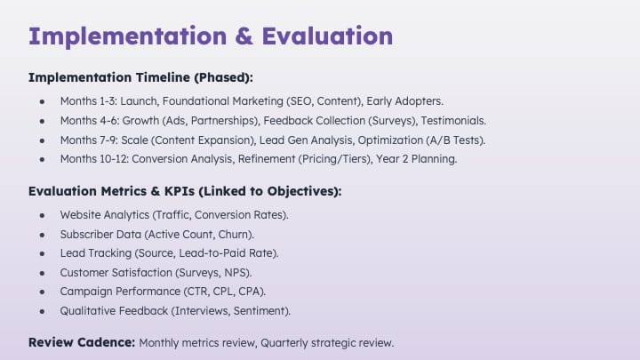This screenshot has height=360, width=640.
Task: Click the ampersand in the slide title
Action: (x=244, y=36)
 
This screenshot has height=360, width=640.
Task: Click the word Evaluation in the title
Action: (x=327, y=36)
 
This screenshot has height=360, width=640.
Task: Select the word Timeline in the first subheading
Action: (x=163, y=77)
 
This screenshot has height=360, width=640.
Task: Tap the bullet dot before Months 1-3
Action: (x=42, y=101)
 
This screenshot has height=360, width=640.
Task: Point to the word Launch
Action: (x=139, y=101)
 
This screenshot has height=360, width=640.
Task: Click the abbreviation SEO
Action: (x=300, y=101)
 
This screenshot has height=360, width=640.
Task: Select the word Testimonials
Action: (x=453, y=121)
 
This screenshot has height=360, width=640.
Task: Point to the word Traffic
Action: (x=172, y=215)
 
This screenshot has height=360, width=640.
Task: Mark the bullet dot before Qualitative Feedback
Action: (x=42, y=311)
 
